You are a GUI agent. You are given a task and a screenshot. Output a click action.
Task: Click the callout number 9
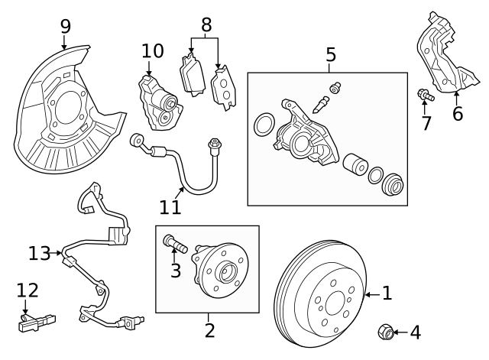click(65, 25)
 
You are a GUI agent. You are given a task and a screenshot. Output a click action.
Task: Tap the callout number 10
click(152, 51)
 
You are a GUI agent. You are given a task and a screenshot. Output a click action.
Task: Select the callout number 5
click(330, 54)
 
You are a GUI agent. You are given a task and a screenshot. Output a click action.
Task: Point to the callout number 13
click(38, 252)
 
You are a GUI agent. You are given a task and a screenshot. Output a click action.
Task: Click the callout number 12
click(27, 291)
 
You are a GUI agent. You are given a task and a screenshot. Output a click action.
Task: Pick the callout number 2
click(209, 330)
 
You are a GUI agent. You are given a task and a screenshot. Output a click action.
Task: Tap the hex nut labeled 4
click(386, 332)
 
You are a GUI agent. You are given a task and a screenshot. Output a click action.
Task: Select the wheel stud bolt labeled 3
click(175, 245)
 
